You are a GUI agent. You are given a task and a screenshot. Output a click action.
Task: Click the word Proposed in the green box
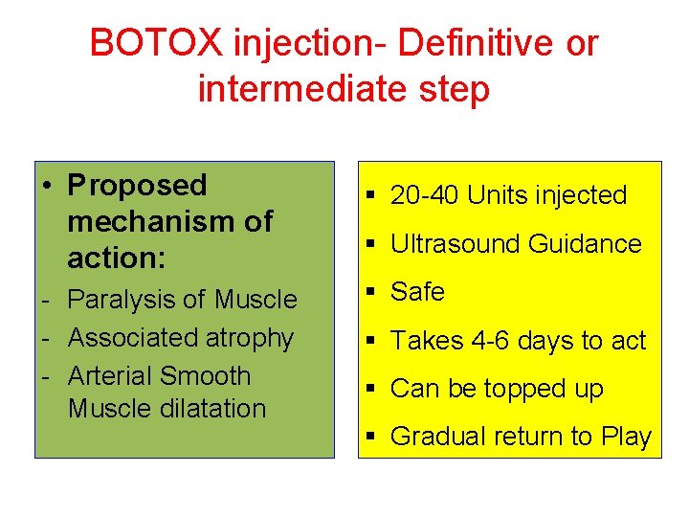(137, 185)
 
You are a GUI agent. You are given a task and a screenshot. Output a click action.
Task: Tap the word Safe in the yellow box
(418, 292)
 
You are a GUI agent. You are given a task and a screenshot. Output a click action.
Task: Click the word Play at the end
(627, 438)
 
